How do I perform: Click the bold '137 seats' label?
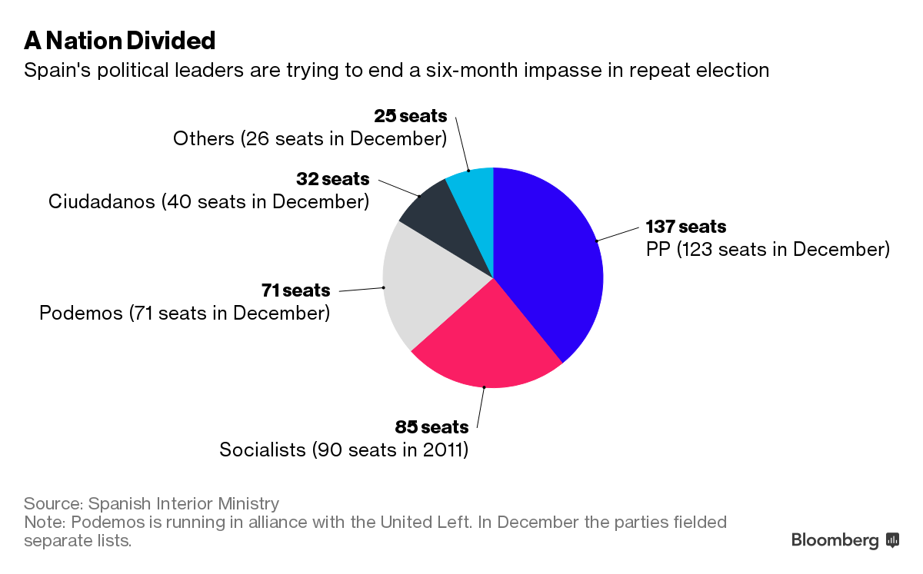685,227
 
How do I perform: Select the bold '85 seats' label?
432,426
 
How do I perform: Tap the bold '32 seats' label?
332,179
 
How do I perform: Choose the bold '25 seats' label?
410,116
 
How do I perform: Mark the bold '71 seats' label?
295,290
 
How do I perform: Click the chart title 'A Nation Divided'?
119,39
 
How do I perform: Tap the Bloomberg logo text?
835,540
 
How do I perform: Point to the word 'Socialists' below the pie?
262,450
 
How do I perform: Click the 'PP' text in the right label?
658,250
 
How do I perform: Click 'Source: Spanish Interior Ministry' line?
151,504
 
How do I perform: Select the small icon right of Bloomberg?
893,540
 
